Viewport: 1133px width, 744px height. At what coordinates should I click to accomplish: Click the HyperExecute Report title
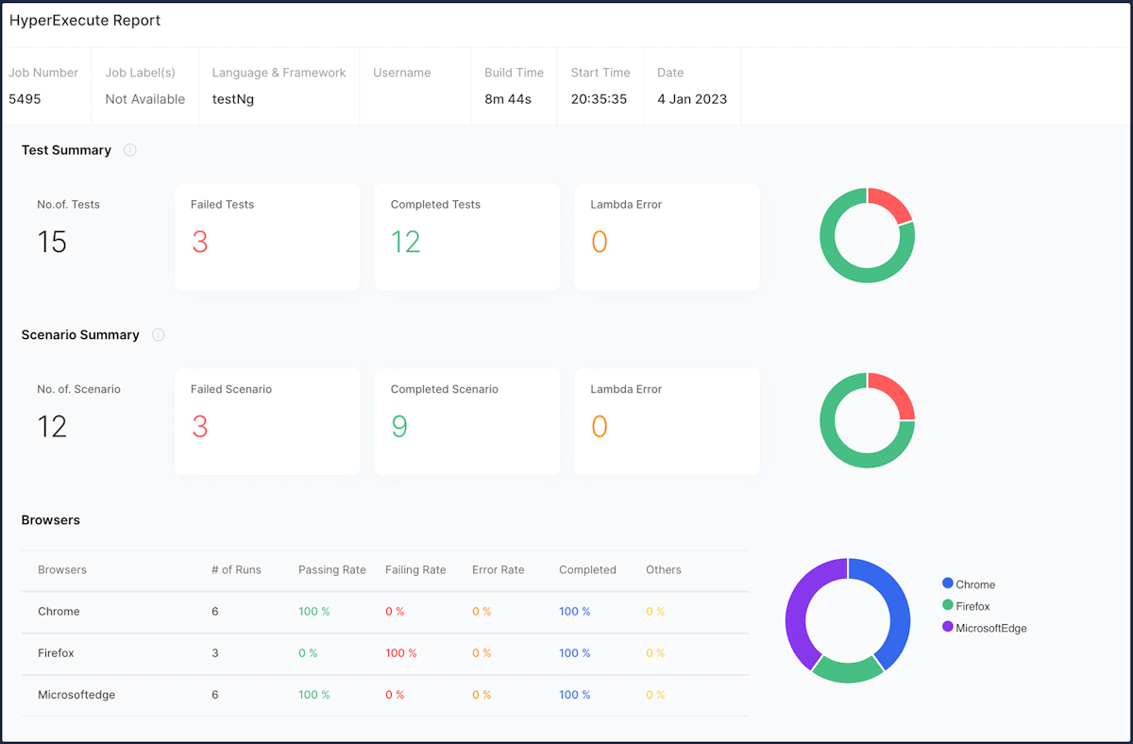coord(85,21)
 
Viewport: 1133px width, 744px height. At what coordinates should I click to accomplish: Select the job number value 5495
coord(25,99)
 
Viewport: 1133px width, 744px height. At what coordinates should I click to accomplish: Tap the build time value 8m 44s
coord(508,99)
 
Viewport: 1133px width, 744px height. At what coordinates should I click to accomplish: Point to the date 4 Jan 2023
coord(692,99)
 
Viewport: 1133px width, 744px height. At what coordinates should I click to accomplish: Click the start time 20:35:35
coord(599,99)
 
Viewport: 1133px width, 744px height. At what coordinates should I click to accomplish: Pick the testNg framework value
coord(233,99)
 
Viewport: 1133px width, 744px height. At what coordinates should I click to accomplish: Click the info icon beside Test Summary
coord(130,150)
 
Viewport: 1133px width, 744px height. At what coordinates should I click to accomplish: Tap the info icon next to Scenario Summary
coord(159,335)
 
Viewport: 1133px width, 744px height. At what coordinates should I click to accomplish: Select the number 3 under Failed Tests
coord(199,243)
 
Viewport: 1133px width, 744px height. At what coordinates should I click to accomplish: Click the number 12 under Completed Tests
coord(405,243)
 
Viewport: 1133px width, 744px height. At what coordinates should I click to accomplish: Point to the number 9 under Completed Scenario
coord(399,427)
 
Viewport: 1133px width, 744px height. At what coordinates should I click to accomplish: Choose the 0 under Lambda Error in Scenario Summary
coord(599,427)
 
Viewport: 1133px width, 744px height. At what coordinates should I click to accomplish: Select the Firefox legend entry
coord(972,606)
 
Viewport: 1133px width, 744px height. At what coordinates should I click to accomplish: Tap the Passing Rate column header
coord(331,570)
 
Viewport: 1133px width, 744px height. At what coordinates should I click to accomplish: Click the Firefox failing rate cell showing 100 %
coord(400,653)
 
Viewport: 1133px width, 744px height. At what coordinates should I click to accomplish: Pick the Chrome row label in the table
coord(59,612)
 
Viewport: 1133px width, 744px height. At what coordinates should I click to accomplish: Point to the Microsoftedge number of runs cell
coord(215,695)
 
